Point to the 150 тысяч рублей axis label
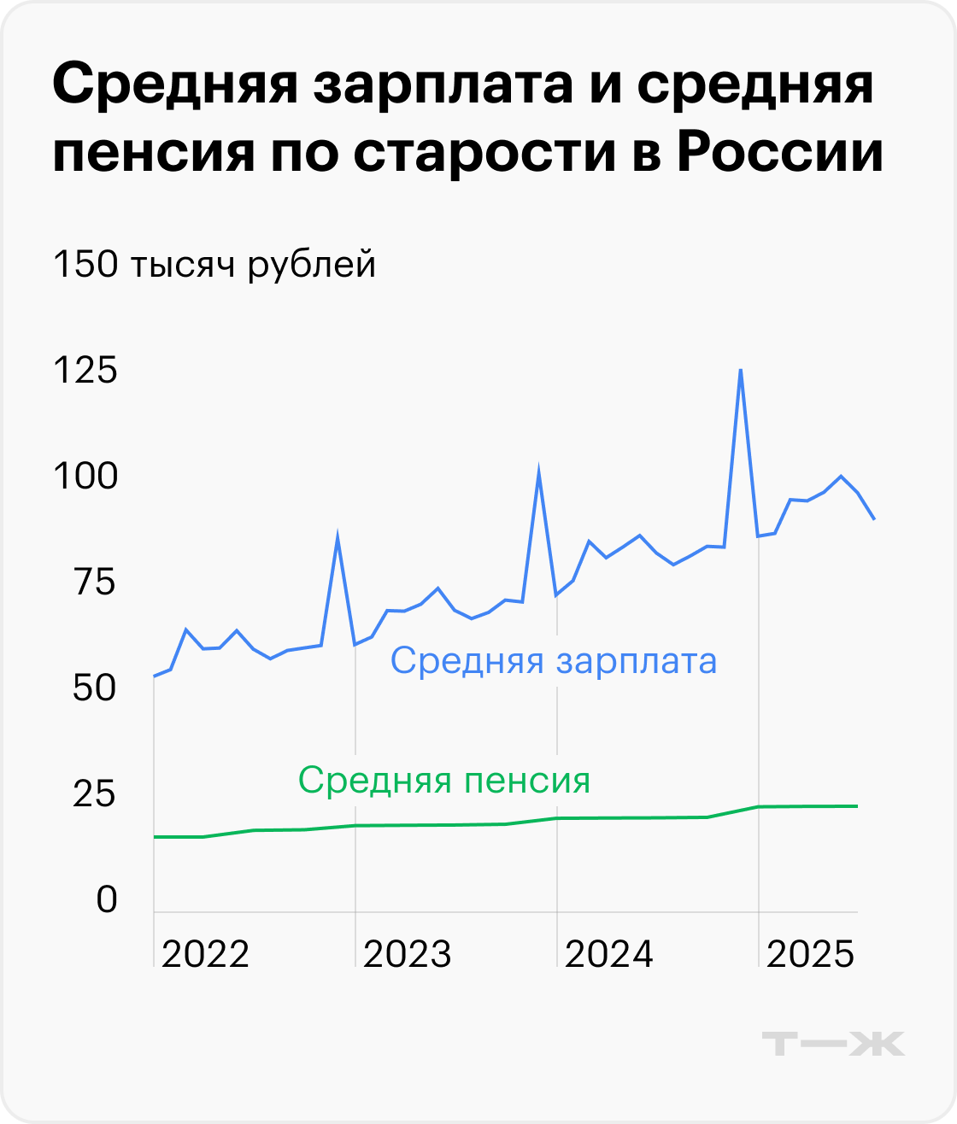point(214,265)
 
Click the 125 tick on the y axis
point(85,372)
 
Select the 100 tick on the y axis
point(85,477)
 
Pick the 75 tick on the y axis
point(95,582)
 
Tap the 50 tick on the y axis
point(94,688)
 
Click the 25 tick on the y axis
point(94,794)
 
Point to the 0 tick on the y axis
point(106,899)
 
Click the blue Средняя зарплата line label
point(554,661)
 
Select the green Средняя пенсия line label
point(444,780)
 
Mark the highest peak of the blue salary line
point(740,370)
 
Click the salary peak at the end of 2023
point(538,468)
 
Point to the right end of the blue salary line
point(874,518)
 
